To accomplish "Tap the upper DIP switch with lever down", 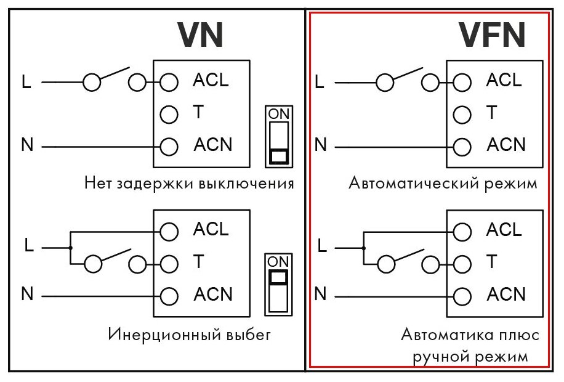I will pyautogui.click(x=279, y=137).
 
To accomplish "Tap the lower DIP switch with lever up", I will pyautogui.click(x=278, y=283).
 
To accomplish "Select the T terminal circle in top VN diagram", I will pyautogui.click(x=169, y=114).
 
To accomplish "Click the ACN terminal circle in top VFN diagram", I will pyautogui.click(x=462, y=147).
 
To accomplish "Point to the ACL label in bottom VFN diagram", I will pyautogui.click(x=504, y=230).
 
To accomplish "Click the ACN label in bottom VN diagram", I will pyautogui.click(x=213, y=295).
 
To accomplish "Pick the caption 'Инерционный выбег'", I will pyautogui.click(x=189, y=335).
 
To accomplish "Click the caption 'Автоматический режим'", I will pyautogui.click(x=443, y=183).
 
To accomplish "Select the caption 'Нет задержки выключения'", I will pyautogui.click(x=189, y=183).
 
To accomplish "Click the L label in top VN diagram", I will pyautogui.click(x=26, y=82).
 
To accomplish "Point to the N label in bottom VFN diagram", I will pyautogui.click(x=320, y=294).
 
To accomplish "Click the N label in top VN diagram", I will pyautogui.click(x=27, y=146).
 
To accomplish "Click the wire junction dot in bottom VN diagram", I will pyautogui.click(x=71, y=248).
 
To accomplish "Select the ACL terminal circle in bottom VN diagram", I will pyautogui.click(x=169, y=231).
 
